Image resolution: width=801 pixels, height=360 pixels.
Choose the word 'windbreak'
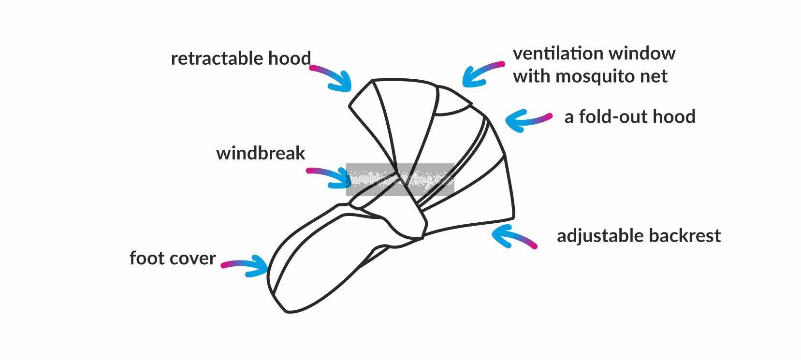click(261, 153)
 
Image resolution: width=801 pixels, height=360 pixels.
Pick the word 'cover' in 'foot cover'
click(193, 258)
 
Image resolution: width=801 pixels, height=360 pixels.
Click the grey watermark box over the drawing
click(400, 180)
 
